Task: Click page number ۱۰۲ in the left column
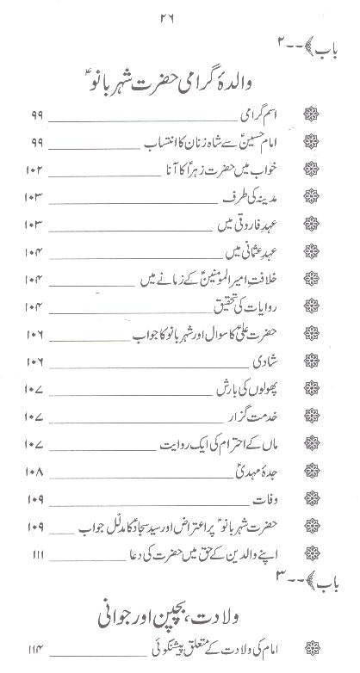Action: (x=34, y=170)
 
